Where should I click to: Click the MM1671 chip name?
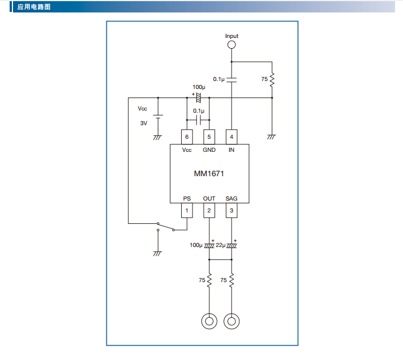(209, 174)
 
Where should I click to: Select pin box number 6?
(187, 137)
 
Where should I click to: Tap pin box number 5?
(209, 137)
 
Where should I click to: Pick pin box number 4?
(231, 137)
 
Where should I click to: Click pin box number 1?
(187, 211)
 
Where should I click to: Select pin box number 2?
(209, 211)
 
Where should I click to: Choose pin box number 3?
(231, 211)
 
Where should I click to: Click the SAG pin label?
(231, 199)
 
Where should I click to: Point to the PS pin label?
(187, 199)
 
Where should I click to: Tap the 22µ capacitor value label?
(221, 245)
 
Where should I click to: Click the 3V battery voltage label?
(144, 123)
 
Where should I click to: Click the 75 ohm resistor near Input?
(272, 79)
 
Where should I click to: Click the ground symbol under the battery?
(157, 138)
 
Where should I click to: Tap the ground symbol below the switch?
(157, 254)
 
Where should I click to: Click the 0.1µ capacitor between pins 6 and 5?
(199, 120)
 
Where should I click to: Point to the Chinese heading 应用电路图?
(34, 7)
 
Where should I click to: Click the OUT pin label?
(209, 199)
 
